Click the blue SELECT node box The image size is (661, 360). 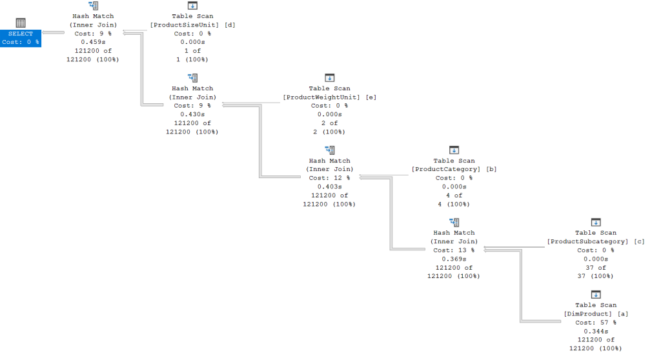click(x=21, y=38)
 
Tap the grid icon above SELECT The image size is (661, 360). click(x=21, y=23)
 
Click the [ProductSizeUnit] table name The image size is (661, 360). click(x=185, y=25)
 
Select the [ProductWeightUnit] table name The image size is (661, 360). click(x=321, y=97)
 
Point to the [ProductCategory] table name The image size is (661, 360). click(x=446, y=169)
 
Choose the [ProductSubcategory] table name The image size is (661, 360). click(x=587, y=241)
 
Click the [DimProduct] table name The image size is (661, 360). click(x=587, y=314)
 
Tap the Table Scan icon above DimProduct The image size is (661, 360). click(x=596, y=294)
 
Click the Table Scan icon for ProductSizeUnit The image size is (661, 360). click(x=192, y=5)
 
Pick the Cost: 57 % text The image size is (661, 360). click(x=596, y=323)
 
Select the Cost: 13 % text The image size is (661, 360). click(x=454, y=250)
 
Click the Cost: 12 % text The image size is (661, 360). click(x=329, y=178)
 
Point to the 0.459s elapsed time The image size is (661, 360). click(x=93, y=42)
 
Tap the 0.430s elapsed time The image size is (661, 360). click(x=192, y=114)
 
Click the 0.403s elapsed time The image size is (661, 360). click(x=330, y=186)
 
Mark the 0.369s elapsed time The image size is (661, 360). click(x=454, y=259)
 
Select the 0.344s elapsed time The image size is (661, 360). click(x=596, y=332)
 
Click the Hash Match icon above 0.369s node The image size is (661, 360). click(x=454, y=222)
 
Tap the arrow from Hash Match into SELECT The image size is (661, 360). click(x=53, y=32)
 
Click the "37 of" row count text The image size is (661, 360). click(x=596, y=268)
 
